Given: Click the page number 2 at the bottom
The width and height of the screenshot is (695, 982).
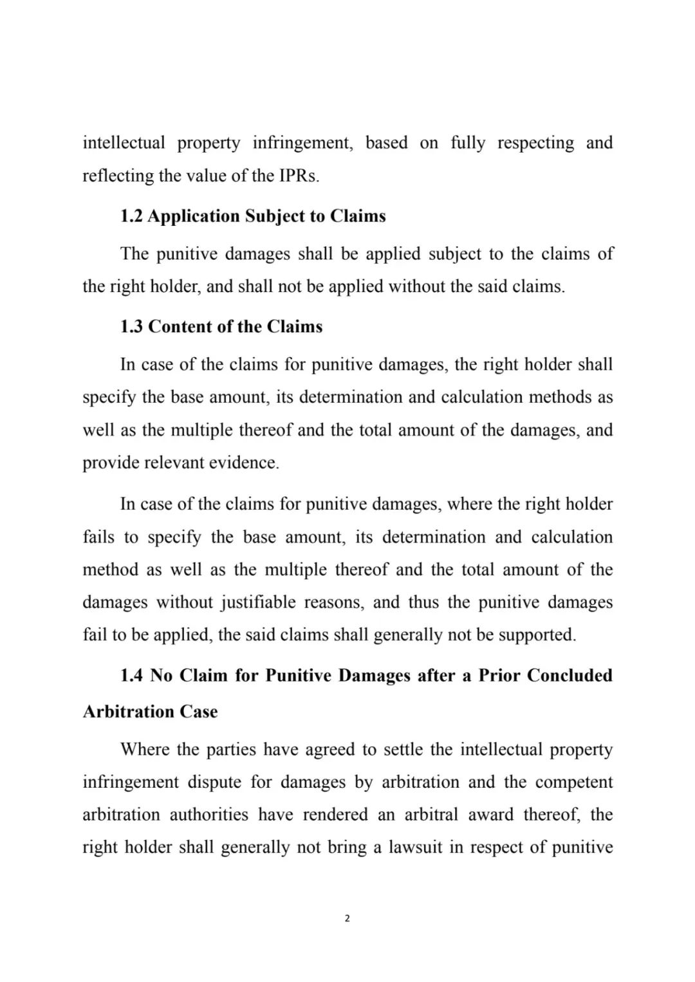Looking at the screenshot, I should (x=347, y=918).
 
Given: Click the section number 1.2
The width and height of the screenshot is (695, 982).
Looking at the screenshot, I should (x=131, y=216).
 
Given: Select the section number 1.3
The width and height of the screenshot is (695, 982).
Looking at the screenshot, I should (x=131, y=327).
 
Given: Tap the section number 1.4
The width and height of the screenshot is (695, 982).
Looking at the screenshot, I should (x=131, y=676).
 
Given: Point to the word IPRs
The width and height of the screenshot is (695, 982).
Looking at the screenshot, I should (x=299, y=176).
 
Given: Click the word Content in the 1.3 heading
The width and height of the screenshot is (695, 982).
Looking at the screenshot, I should (x=181, y=327).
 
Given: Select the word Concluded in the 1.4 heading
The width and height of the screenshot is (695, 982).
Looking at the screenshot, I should (x=570, y=676).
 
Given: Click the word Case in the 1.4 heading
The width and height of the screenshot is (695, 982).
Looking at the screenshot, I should (x=199, y=712).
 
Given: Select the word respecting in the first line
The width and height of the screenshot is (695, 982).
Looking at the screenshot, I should (x=535, y=143).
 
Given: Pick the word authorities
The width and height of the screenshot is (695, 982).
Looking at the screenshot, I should (x=208, y=815).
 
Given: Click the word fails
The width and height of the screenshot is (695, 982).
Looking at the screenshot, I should (x=98, y=537).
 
